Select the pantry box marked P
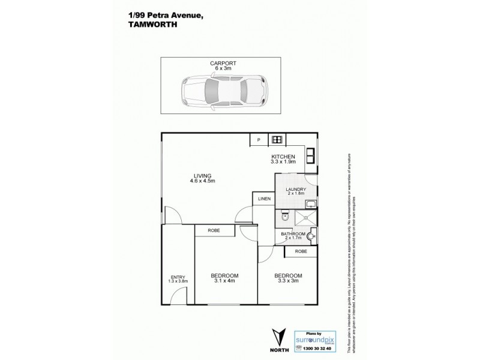point(259,140)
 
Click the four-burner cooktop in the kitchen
point(277,140)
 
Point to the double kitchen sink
point(313,155)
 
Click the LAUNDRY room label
point(296,189)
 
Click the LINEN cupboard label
point(264,199)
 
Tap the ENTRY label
point(178,277)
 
